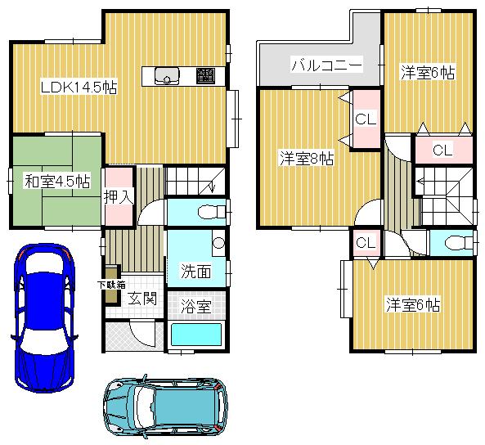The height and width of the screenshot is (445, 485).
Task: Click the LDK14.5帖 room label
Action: click(x=78, y=87)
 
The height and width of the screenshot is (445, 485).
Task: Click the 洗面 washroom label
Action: click(x=196, y=271)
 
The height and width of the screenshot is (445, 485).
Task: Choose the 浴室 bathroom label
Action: click(x=196, y=307)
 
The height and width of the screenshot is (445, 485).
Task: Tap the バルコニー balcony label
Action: click(x=326, y=65)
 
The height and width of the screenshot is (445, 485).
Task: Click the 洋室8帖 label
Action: click(x=306, y=157)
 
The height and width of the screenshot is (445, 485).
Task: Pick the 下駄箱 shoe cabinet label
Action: click(x=111, y=285)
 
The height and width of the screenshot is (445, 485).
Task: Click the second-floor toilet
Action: click(x=456, y=243)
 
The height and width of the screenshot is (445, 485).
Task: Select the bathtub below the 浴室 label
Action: click(x=196, y=335)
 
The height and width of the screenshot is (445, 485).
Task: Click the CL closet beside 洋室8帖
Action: click(x=365, y=119)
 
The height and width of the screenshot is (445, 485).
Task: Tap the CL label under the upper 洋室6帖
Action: click(x=442, y=150)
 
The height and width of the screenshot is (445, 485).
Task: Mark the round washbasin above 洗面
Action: click(x=217, y=243)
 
